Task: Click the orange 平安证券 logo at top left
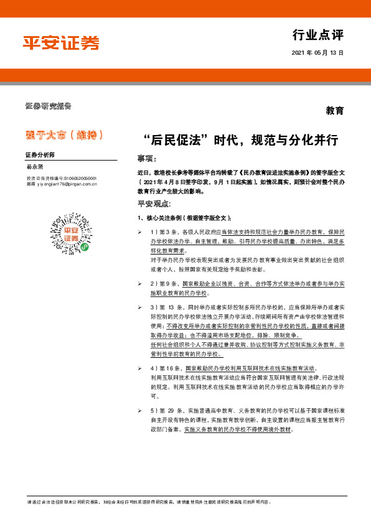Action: click(61, 42)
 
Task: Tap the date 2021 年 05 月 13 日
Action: click(317, 54)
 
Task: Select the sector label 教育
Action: click(334, 111)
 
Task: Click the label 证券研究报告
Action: click(48, 106)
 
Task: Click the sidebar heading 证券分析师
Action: click(40, 154)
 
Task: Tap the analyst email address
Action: click(62, 184)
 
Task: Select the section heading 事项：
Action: click(147, 158)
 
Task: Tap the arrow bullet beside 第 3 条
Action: click(140, 232)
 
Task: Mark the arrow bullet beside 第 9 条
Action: click(140, 283)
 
